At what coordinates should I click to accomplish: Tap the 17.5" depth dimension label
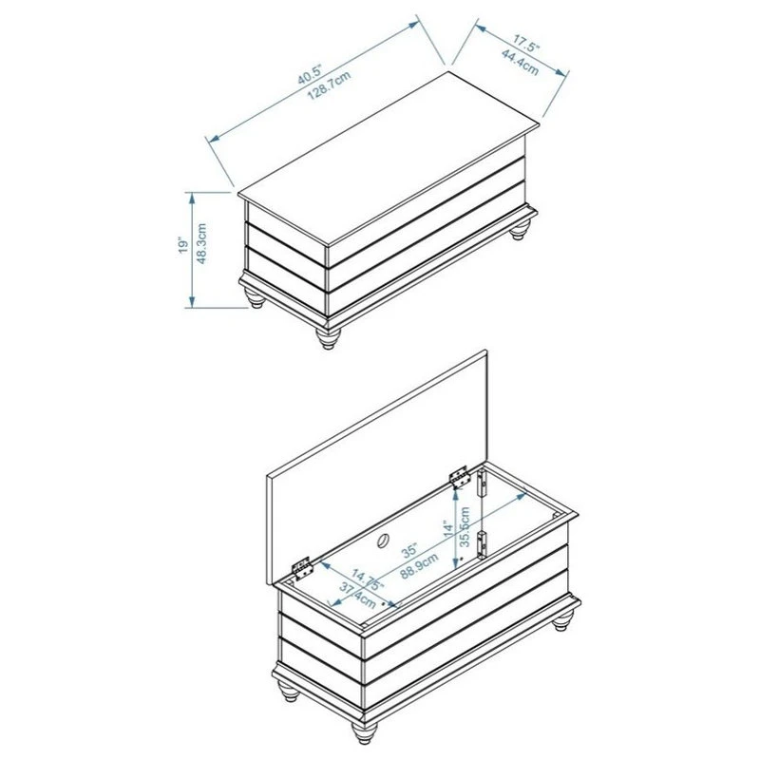[527, 44]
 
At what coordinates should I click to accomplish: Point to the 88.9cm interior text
[420, 568]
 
